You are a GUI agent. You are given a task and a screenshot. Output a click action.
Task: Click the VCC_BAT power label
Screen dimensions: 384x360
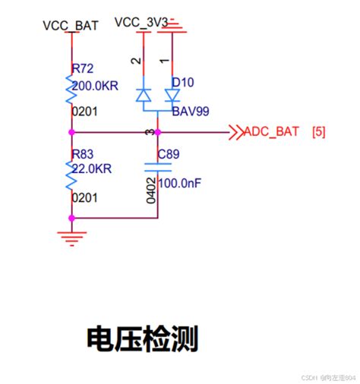(71, 25)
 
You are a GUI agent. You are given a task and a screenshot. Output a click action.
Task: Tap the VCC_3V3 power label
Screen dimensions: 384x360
(141, 22)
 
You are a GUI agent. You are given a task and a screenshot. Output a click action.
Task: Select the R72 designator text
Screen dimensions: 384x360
(82, 69)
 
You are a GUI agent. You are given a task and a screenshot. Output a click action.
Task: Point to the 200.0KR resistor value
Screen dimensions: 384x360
(92, 85)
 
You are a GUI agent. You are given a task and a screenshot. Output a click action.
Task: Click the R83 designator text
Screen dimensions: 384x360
(82, 154)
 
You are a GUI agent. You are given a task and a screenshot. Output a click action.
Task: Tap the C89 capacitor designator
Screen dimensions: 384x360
(169, 155)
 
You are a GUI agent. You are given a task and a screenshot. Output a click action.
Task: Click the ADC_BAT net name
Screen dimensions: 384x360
(273, 132)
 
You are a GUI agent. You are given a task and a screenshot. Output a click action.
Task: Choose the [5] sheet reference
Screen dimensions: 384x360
(318, 132)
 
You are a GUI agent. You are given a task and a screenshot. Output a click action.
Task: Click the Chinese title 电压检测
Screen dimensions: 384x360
(142, 338)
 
